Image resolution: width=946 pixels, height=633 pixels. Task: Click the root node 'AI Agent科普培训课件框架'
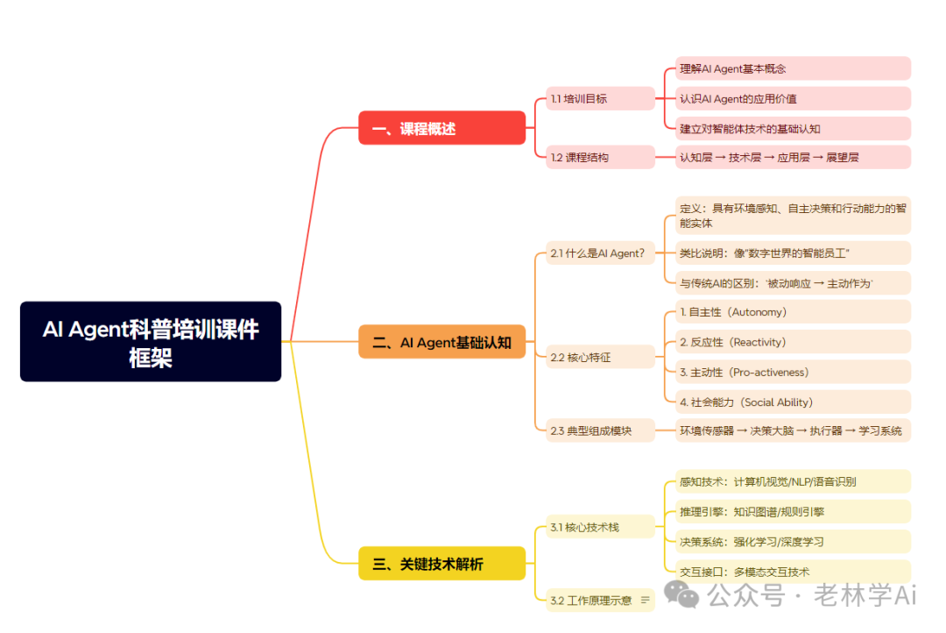coord(151,342)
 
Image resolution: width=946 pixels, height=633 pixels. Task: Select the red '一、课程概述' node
coord(441,128)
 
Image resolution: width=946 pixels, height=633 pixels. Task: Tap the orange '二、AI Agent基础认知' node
coord(441,342)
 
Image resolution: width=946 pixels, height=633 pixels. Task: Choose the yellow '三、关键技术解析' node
coord(441,564)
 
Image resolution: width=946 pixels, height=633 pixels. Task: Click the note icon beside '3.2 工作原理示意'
coord(646,601)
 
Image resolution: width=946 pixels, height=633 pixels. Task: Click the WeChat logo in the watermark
coord(681,596)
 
